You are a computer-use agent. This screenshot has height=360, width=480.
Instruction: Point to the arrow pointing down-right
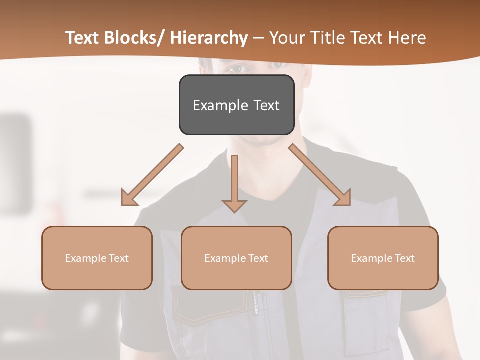320,175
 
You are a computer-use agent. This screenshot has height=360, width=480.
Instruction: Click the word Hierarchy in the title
209,38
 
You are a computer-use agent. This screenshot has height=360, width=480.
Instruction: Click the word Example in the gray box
220,105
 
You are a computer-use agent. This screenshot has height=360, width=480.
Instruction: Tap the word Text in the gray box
266,105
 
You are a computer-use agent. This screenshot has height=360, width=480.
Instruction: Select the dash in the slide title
258,38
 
